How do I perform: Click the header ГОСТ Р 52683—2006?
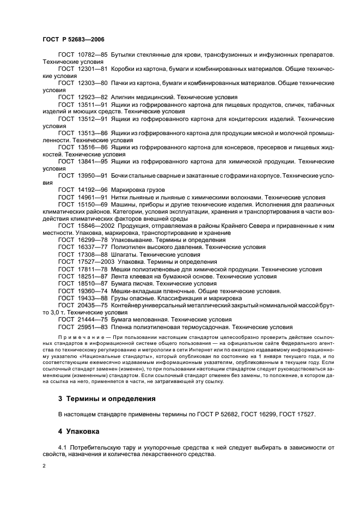point(74,40)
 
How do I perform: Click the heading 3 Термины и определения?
point(107,399)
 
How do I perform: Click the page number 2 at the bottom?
point(44,466)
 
